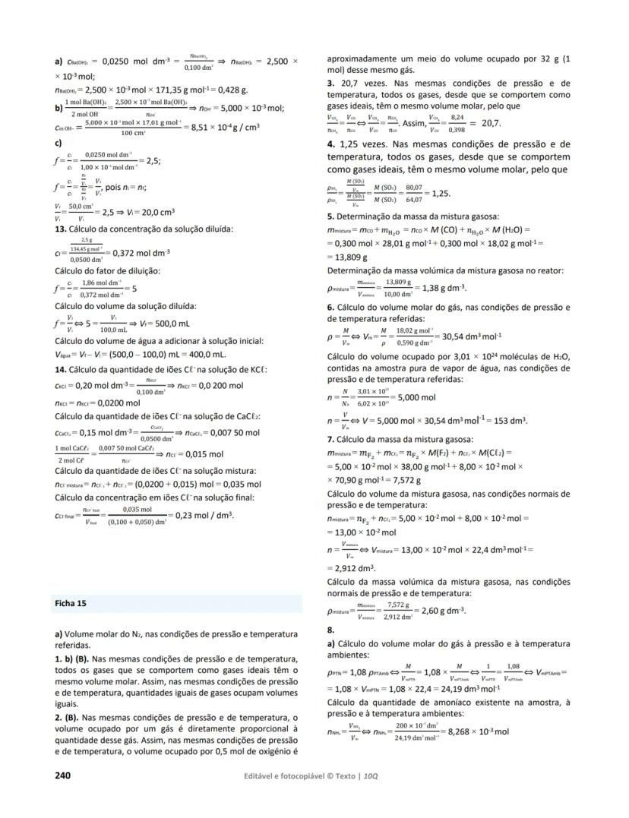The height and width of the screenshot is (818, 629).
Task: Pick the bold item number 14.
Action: coord(61,369)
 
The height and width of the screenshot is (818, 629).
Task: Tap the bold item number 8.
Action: coord(330,630)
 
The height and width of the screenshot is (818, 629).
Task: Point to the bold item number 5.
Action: coord(330,216)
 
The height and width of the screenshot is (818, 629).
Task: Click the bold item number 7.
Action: coord(330,438)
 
